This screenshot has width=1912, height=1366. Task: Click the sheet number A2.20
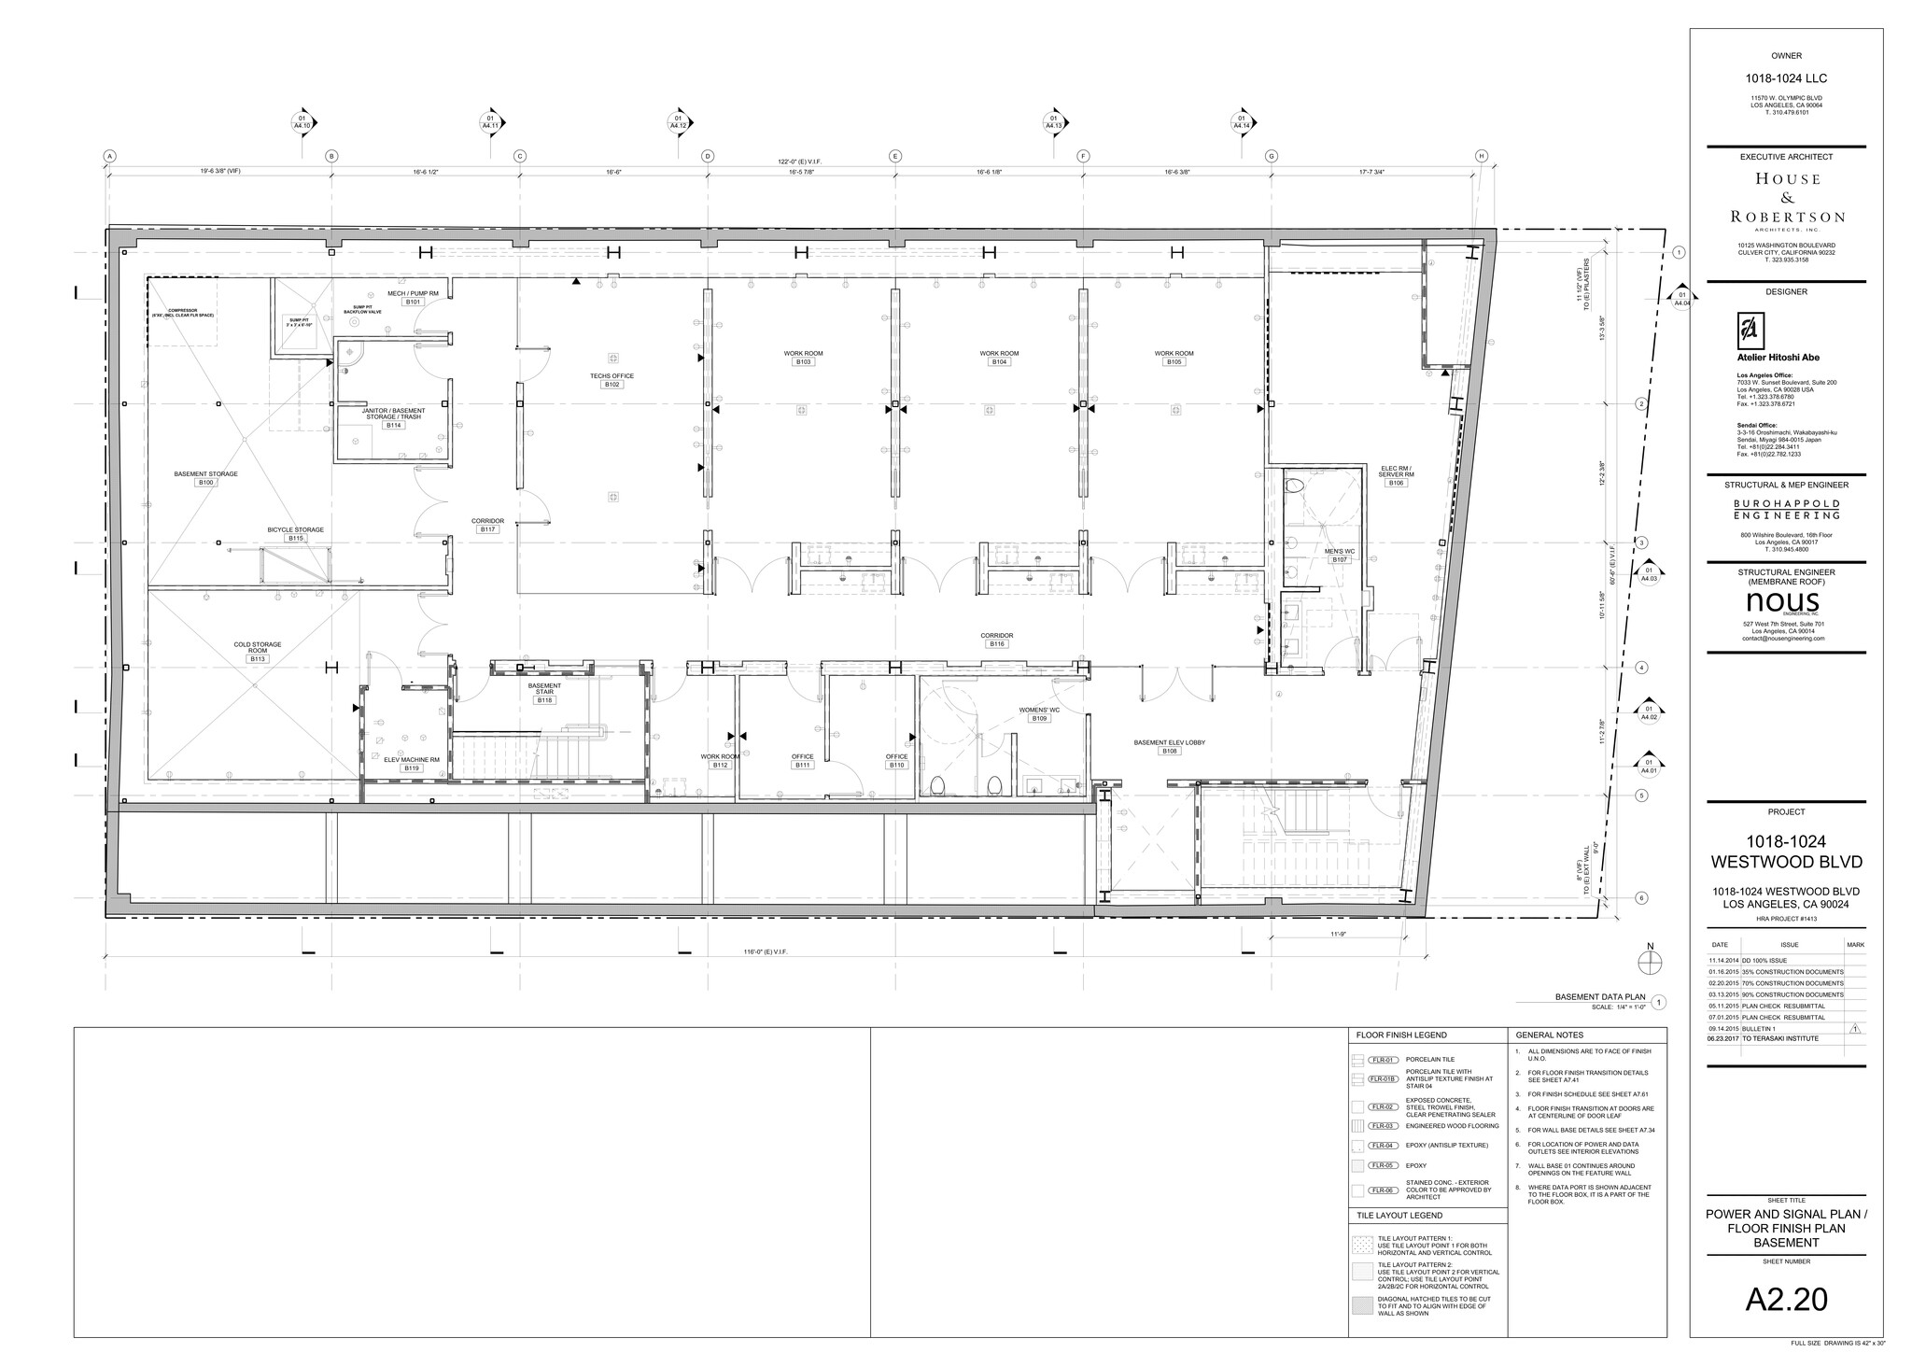click(x=1786, y=1299)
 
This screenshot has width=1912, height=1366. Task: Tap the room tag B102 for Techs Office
click(x=612, y=385)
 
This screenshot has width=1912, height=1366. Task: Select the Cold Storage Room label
click(x=258, y=648)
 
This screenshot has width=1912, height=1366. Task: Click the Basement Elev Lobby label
click(x=1169, y=742)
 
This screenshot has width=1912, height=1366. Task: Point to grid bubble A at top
click(x=109, y=157)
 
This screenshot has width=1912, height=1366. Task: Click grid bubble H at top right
click(x=1481, y=157)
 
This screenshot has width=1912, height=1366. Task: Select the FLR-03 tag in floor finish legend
click(x=1382, y=1126)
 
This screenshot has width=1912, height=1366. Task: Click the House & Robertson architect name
click(x=1787, y=197)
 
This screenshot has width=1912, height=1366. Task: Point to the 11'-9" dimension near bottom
click(x=1337, y=933)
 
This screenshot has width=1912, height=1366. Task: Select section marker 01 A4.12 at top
click(x=678, y=122)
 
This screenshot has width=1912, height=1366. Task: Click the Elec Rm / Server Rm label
click(x=1396, y=472)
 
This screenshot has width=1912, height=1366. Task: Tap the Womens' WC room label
click(x=1039, y=711)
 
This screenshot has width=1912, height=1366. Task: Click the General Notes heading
click(x=1549, y=1035)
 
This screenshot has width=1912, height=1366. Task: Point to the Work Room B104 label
click(x=999, y=354)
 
